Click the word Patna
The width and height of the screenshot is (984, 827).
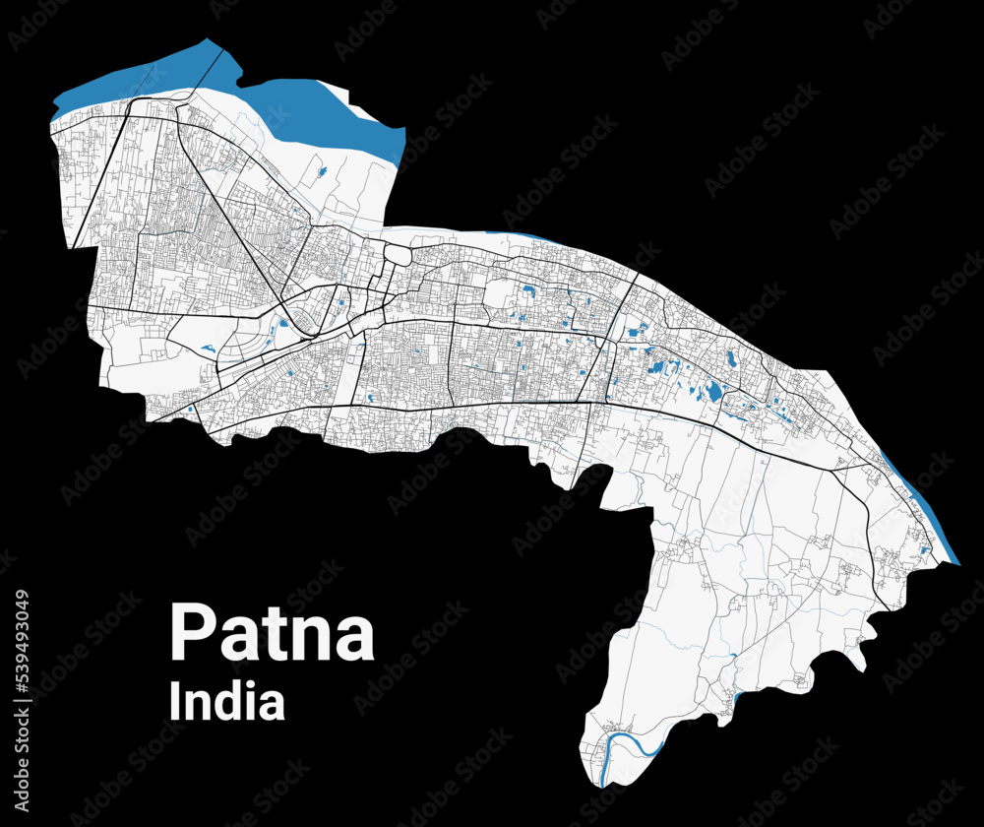272,632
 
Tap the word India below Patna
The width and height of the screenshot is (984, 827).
227,702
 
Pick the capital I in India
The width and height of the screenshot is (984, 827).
175,702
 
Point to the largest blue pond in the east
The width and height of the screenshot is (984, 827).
713,392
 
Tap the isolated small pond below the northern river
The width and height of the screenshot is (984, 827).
324,172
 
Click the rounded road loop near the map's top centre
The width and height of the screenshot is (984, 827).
397,253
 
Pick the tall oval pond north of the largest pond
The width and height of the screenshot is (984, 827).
731,360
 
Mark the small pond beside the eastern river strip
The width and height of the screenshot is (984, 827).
925,547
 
